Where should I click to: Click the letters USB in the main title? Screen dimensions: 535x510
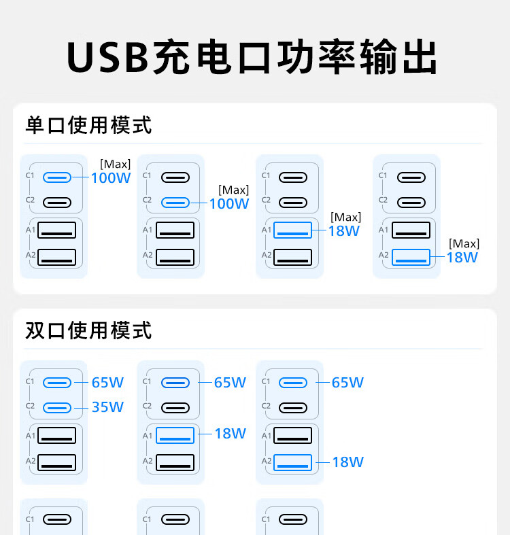(x=107, y=58)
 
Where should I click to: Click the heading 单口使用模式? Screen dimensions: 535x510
(x=88, y=125)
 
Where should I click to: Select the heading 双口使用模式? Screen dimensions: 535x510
(x=88, y=330)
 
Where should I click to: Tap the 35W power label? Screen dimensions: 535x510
(x=107, y=407)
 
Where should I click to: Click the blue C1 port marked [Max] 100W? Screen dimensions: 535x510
(x=56, y=177)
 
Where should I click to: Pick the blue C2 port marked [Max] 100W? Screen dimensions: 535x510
(x=175, y=203)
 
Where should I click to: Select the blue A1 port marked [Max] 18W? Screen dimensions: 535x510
(x=292, y=230)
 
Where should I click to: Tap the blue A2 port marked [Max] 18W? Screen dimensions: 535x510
(x=411, y=257)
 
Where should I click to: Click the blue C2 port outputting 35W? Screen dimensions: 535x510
(x=56, y=407)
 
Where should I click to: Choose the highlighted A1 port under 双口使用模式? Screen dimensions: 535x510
(x=175, y=435)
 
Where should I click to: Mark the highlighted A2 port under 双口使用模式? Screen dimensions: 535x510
(x=292, y=462)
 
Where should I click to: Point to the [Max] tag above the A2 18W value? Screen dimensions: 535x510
(x=464, y=243)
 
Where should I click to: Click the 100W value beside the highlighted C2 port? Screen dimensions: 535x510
(x=229, y=203)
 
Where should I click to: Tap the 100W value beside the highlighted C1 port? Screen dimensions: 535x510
(x=111, y=178)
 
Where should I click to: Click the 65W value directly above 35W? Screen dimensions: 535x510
(x=107, y=383)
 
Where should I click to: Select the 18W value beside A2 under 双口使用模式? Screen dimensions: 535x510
(x=347, y=462)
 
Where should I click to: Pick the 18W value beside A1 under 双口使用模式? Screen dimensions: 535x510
(x=230, y=434)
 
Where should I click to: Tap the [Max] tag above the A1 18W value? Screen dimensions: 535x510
(x=345, y=217)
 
